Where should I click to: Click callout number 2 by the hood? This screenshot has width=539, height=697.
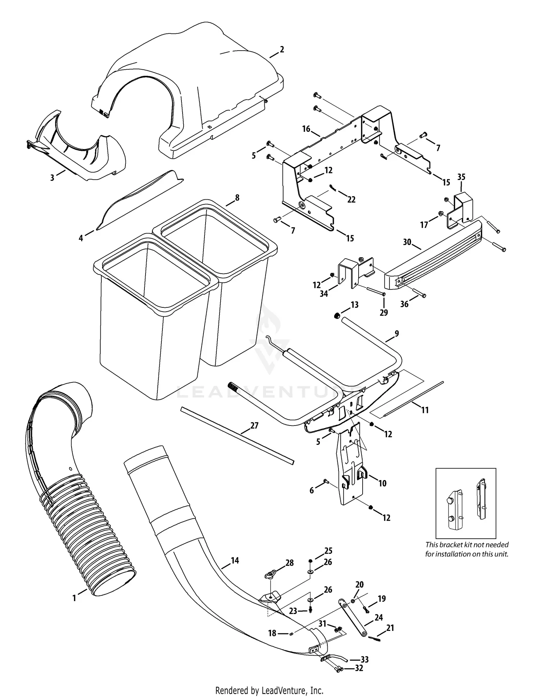pyautogui.click(x=282, y=50)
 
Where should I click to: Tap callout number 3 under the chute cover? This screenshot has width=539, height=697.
pyautogui.click(x=52, y=177)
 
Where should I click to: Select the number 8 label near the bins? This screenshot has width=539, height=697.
pyautogui.click(x=237, y=198)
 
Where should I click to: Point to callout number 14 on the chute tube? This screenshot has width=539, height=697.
pyautogui.click(x=235, y=560)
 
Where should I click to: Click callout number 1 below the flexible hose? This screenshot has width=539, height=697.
pyautogui.click(x=74, y=598)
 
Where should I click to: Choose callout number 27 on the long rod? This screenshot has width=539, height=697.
pyautogui.click(x=254, y=426)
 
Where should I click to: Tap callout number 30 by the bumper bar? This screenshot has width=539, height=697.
pyautogui.click(x=407, y=242)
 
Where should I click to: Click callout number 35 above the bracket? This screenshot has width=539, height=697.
pyautogui.click(x=461, y=177)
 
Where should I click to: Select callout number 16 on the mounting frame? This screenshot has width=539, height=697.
pyautogui.click(x=306, y=129)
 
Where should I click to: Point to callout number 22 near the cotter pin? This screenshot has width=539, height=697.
pyautogui.click(x=351, y=199)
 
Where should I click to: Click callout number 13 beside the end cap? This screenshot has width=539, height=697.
pyautogui.click(x=354, y=305)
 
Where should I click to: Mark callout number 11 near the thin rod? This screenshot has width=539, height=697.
pyautogui.click(x=425, y=410)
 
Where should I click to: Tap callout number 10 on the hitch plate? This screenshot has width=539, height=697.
pyautogui.click(x=382, y=483)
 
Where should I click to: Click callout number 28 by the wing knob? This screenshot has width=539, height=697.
pyautogui.click(x=289, y=563)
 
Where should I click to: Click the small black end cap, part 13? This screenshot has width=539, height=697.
pyautogui.click(x=337, y=316)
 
